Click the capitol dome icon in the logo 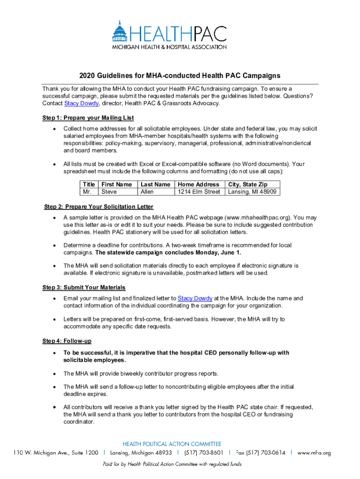click(x=120, y=31)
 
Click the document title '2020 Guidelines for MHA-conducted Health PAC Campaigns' click(x=180, y=75)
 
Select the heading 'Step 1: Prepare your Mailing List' click(x=88, y=118)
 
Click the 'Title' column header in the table click(x=89, y=184)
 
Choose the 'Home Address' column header click(x=198, y=184)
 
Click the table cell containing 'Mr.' click(x=87, y=192)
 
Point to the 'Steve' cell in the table click(x=109, y=192)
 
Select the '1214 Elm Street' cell click(x=199, y=192)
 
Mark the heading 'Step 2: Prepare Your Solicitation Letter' click(x=99, y=207)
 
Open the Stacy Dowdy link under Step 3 click(x=195, y=298)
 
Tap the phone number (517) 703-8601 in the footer click(x=203, y=453)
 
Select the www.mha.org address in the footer click(x=314, y=453)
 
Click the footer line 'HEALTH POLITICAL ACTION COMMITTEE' click(x=172, y=444)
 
